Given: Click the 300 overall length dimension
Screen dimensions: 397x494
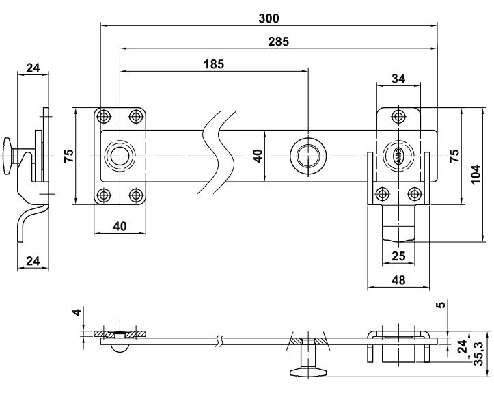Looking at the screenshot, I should click(x=269, y=18).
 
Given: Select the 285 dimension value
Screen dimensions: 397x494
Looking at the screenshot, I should click(x=278, y=41).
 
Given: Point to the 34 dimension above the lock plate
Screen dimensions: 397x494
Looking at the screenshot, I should click(x=398, y=79).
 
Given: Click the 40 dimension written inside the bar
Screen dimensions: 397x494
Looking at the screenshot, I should click(x=257, y=155).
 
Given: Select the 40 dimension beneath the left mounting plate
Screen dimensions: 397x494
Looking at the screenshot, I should click(x=120, y=226).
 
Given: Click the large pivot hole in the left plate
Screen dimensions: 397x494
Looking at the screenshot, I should click(x=121, y=155).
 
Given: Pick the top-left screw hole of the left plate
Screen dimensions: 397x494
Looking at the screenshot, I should click(x=103, y=115).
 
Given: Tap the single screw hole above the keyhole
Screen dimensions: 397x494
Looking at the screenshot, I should click(x=398, y=115).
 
